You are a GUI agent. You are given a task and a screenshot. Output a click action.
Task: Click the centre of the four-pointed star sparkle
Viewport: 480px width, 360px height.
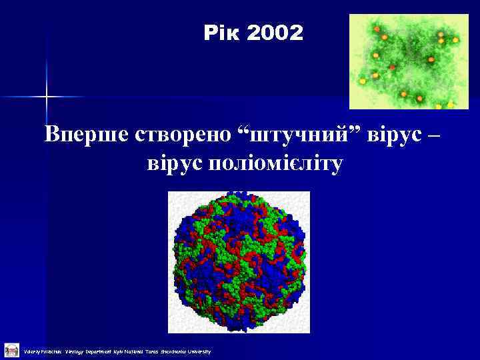47,97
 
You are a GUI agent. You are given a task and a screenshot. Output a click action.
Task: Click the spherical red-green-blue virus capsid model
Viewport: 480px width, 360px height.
239,261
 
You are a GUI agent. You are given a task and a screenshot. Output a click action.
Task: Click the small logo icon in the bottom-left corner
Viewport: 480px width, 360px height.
11,349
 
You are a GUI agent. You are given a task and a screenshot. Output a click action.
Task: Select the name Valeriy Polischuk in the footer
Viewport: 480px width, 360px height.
42,351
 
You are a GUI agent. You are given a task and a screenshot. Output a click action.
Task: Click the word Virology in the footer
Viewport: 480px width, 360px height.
75,351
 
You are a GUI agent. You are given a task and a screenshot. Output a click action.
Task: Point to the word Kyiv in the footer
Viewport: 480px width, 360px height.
123,351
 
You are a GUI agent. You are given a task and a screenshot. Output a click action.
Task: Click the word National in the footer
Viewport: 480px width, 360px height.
139,351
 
